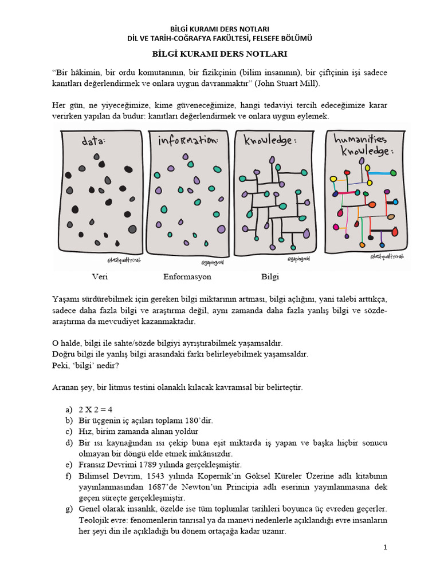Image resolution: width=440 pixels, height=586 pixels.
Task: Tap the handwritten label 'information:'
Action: coord(187,141)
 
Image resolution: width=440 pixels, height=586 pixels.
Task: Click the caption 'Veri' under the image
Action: coord(100,277)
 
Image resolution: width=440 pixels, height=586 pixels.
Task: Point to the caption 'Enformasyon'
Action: coord(187,277)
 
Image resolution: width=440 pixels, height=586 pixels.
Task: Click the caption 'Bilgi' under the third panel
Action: coord(270,277)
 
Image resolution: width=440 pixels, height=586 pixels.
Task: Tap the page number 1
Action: coord(386,548)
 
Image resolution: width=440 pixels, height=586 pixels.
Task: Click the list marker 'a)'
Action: coord(70,409)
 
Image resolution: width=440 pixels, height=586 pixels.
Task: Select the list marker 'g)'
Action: coord(70,508)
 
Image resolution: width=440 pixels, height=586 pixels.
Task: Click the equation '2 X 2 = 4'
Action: coord(96,409)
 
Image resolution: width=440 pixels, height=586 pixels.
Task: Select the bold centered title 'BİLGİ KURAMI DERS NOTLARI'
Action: coord(219,54)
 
